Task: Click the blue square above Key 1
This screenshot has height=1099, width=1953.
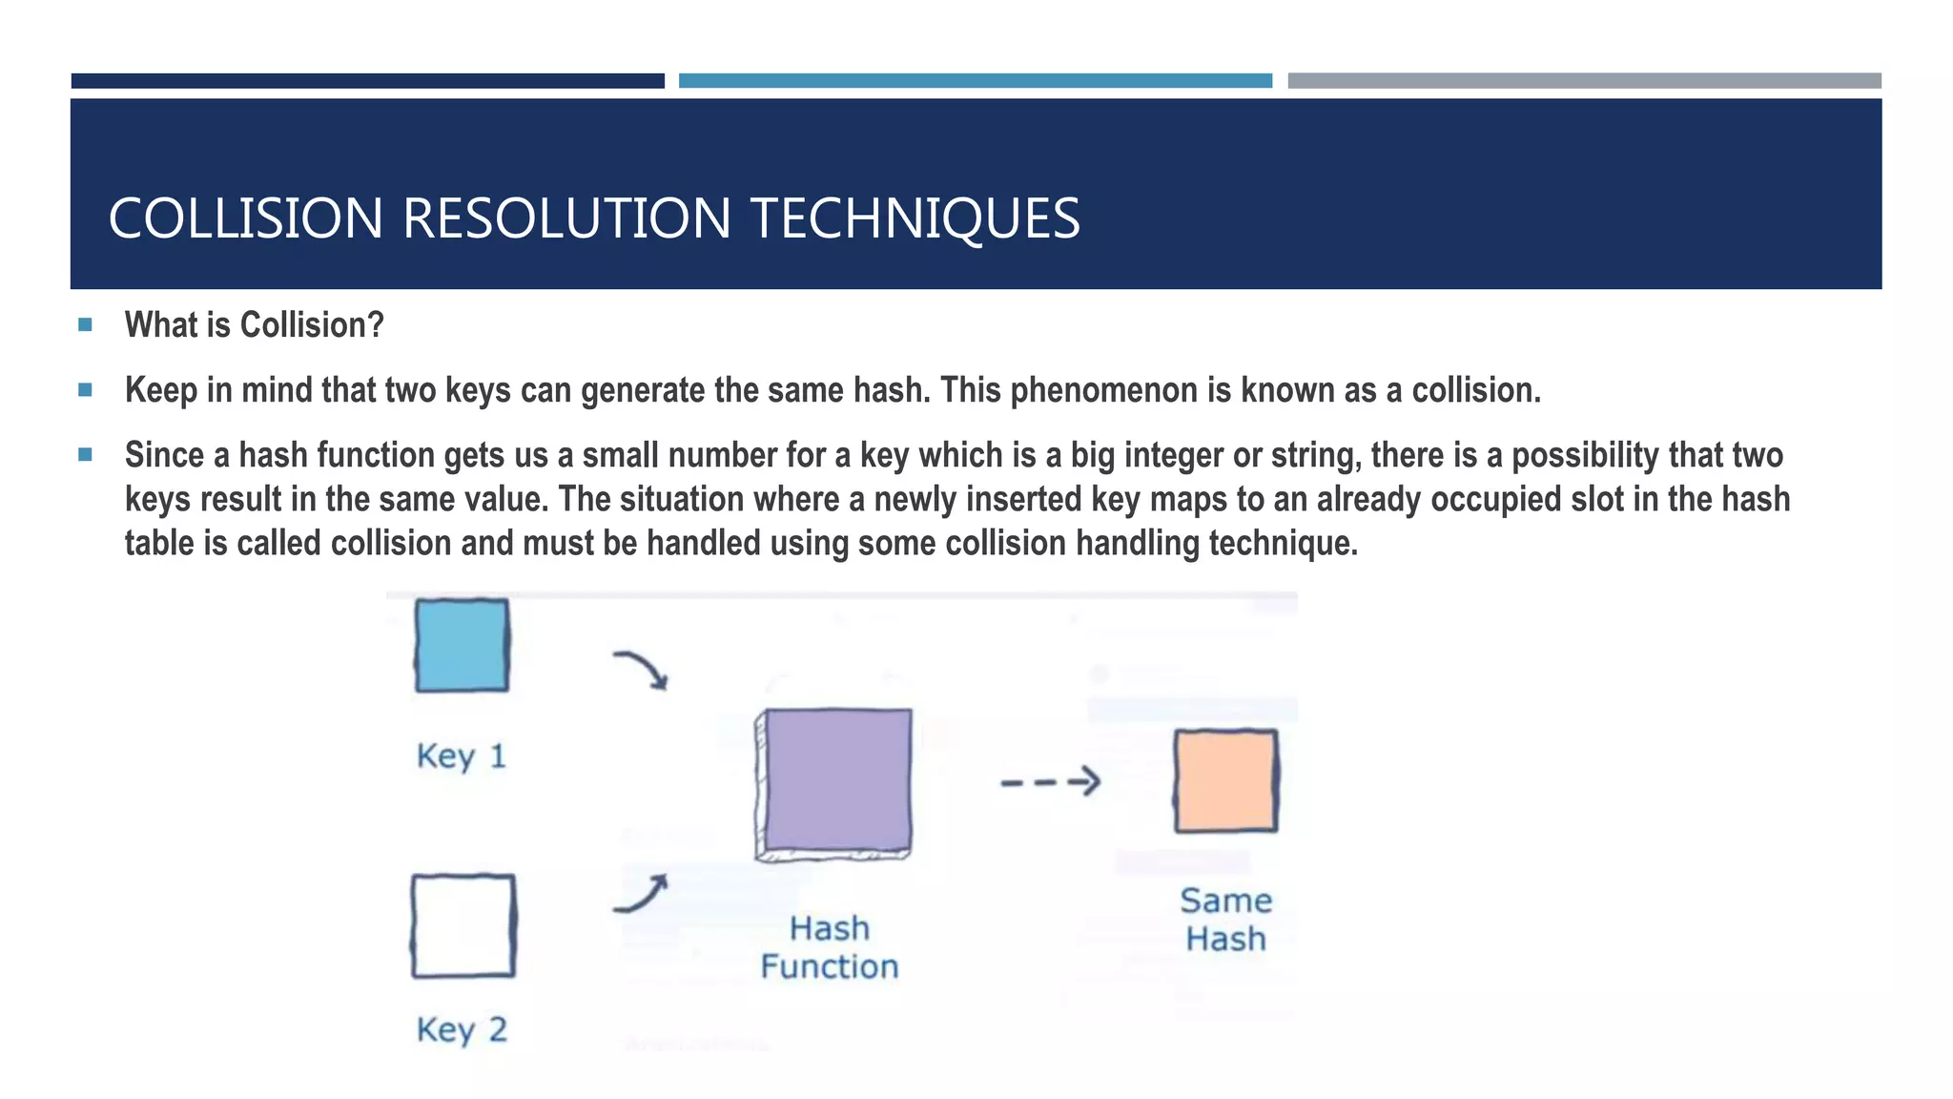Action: [462, 645]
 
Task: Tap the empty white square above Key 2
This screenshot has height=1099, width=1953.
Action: [463, 925]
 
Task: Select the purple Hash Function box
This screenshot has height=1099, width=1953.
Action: [836, 780]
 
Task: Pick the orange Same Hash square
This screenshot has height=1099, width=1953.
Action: [1225, 780]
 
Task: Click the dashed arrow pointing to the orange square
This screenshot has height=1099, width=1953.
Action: [1050, 782]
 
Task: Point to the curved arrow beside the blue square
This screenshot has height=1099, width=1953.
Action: [641, 668]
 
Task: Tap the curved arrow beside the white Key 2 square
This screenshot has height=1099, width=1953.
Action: [641, 895]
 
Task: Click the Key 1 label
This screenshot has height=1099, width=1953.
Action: [462, 757]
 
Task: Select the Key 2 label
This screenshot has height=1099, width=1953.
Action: [462, 1030]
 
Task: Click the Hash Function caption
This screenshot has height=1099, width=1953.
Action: [830, 947]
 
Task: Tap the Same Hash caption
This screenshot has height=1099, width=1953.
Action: [1225, 920]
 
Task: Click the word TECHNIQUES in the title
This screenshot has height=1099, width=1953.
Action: [915, 218]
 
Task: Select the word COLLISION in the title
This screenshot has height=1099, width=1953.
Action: [246, 218]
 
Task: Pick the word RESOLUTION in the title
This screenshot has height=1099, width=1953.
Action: [566, 218]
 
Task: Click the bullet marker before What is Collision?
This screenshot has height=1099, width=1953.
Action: [86, 324]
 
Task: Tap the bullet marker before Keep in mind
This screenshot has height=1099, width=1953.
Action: [86, 389]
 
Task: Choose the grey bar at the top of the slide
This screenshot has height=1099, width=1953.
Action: [1584, 81]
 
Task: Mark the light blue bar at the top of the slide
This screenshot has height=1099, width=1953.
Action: [975, 81]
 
